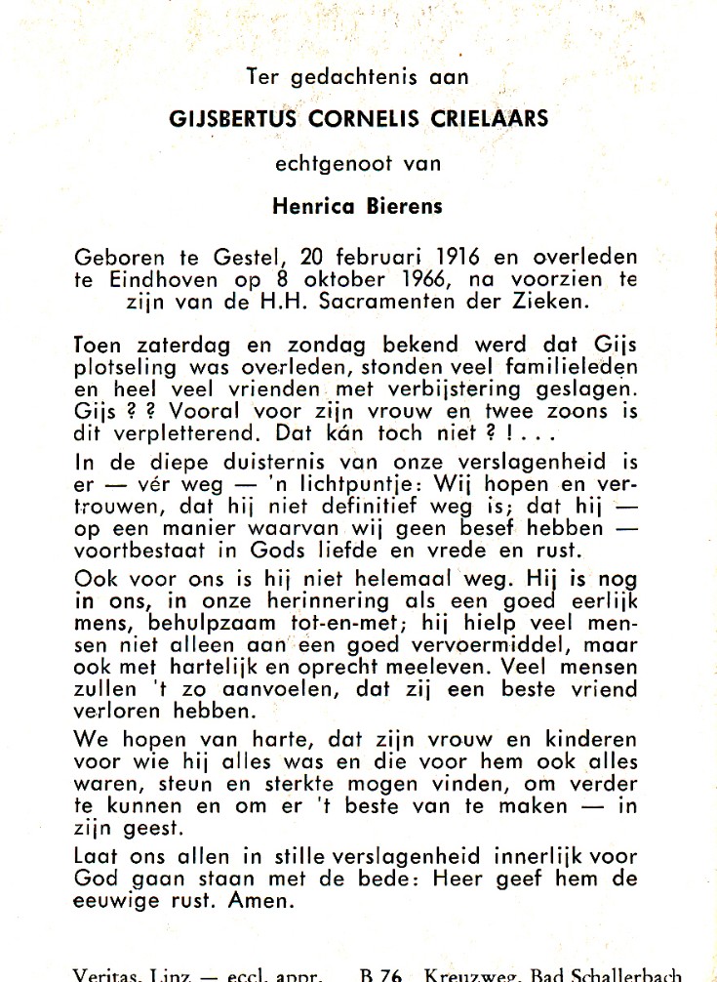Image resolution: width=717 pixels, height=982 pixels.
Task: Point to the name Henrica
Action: point(310,206)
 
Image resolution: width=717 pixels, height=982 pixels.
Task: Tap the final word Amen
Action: point(262,901)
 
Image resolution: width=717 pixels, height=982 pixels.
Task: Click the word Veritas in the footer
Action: point(104,973)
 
